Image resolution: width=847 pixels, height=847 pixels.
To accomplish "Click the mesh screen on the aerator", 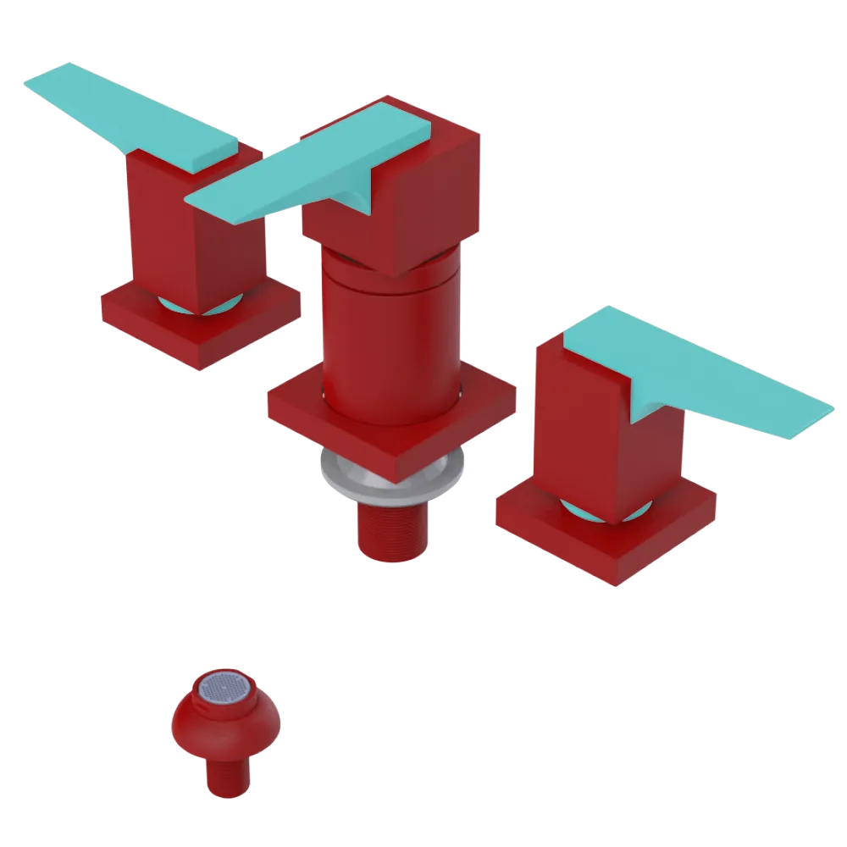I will tap(225, 689).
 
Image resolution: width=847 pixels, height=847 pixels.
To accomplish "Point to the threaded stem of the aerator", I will tap(227, 775).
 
